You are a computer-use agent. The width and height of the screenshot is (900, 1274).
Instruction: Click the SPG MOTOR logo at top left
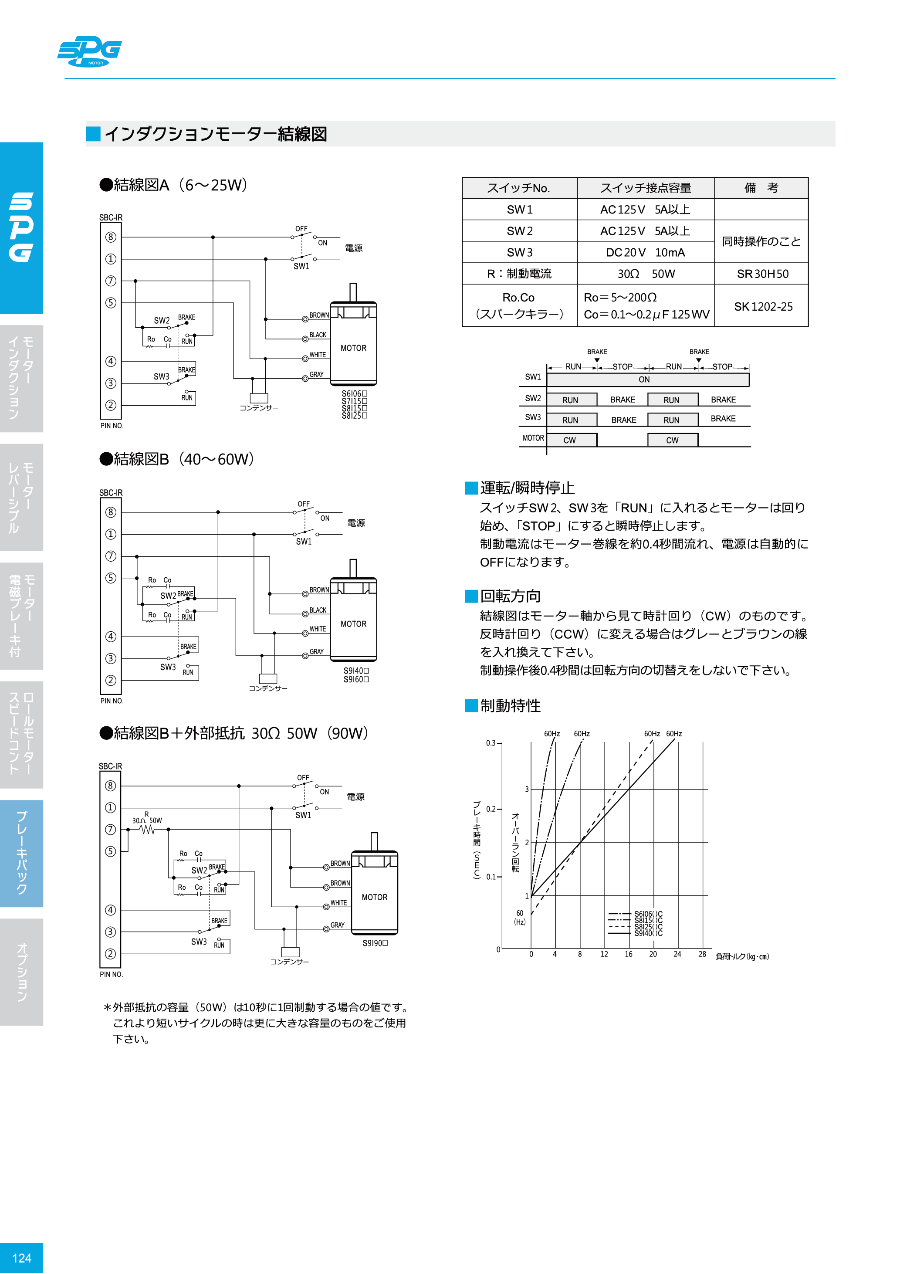(x=89, y=51)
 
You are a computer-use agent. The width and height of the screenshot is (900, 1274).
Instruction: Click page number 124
(x=22, y=1258)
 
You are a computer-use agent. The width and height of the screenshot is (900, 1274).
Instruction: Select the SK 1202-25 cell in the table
(x=763, y=306)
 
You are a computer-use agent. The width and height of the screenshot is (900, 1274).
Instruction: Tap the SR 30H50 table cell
(x=762, y=274)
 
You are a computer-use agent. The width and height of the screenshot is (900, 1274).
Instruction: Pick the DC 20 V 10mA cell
(x=645, y=252)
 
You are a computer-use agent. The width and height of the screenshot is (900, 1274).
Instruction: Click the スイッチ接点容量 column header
(x=645, y=188)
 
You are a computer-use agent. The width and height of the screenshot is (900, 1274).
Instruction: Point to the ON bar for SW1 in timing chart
(x=647, y=379)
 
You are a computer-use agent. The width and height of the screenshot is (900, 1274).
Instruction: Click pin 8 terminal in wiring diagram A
(x=111, y=237)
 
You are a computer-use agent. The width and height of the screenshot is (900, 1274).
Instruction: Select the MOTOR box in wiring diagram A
(x=353, y=348)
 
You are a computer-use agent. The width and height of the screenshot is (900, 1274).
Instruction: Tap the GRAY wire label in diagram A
(x=316, y=375)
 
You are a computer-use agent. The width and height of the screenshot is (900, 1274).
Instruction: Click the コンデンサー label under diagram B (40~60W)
(x=268, y=688)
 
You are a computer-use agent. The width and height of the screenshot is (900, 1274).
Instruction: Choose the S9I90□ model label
(x=375, y=943)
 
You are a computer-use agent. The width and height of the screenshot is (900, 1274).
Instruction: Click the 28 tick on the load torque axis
(x=702, y=954)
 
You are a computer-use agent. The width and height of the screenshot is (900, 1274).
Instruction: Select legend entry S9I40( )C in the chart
(x=648, y=933)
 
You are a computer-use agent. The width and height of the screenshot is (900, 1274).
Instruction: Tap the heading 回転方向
(x=510, y=596)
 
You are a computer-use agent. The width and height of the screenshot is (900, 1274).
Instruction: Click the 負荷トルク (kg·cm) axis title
(x=742, y=956)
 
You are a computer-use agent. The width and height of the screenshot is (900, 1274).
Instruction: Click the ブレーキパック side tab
(x=22, y=853)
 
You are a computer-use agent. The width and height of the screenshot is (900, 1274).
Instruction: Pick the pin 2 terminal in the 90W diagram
(x=110, y=953)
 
